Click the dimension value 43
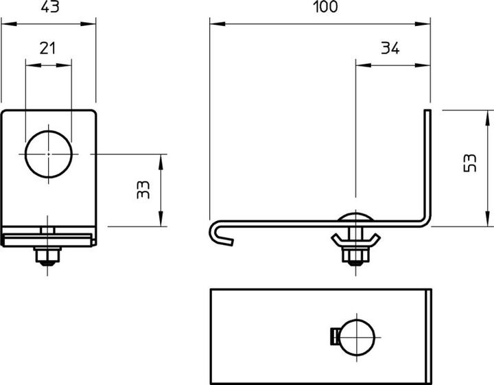pos(50,6)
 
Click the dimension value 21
pos(47,48)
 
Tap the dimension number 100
pos(325,6)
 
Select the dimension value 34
pos(390,48)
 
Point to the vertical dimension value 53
pos(470,163)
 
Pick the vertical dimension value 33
pos(143,189)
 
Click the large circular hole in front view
pos(49,154)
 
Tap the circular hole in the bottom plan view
pos(357,338)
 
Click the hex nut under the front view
pos(47,255)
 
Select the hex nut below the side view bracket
pos(355,255)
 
